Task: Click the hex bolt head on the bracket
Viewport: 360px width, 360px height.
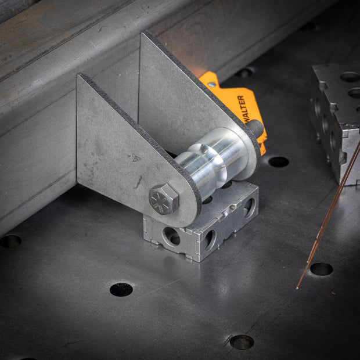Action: click(x=164, y=199)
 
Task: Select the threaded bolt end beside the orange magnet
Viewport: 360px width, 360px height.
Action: click(x=255, y=128)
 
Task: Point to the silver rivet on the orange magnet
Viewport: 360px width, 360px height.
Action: click(x=212, y=85)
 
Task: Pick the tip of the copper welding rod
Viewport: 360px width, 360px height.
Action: click(x=297, y=287)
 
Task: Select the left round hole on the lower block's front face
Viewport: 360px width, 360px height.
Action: click(x=171, y=236)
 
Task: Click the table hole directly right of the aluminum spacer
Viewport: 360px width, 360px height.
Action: click(x=279, y=162)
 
